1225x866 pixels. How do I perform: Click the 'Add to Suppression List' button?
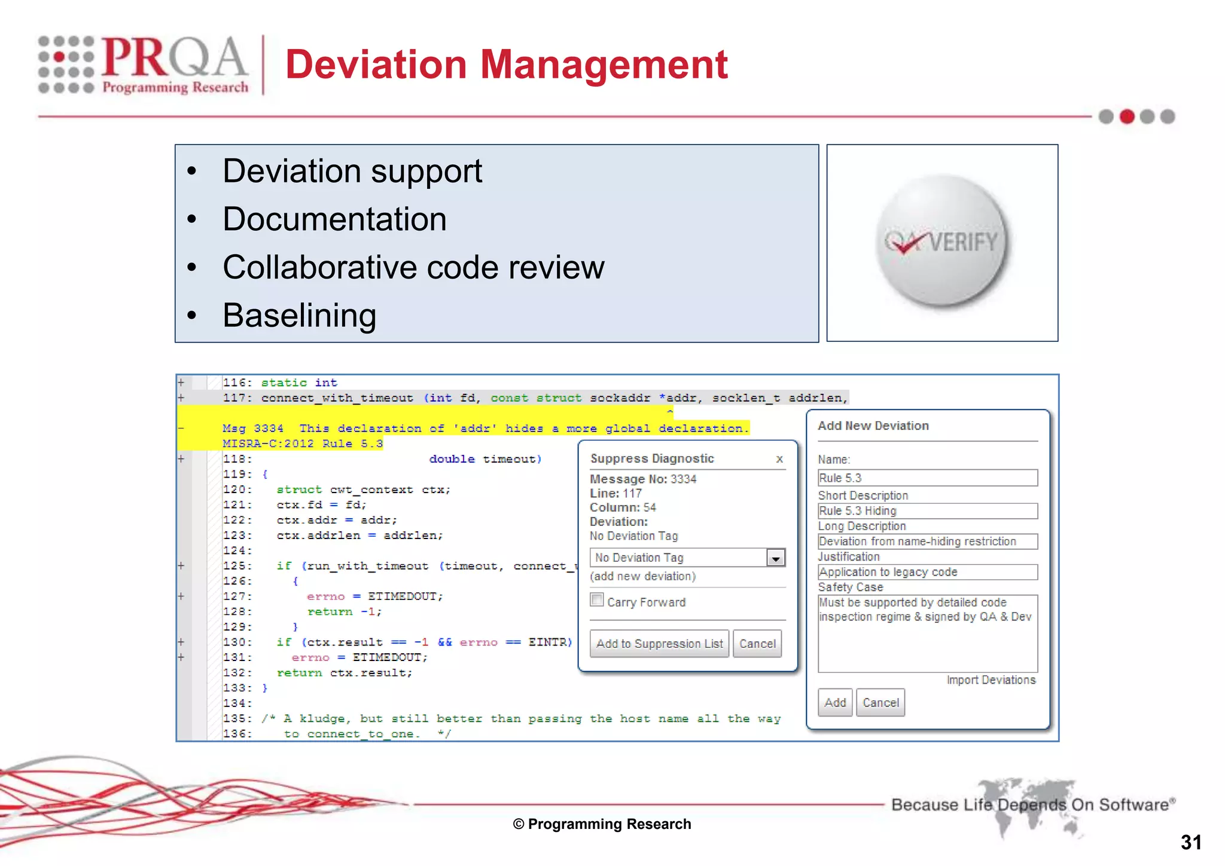[x=659, y=644]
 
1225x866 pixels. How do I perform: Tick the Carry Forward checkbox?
[x=597, y=600]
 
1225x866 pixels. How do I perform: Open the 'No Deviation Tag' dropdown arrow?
[x=776, y=558]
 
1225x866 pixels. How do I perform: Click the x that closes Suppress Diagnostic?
[x=779, y=459]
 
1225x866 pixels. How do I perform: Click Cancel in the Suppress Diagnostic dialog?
[x=757, y=644]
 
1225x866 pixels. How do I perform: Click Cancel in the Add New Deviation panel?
[x=880, y=703]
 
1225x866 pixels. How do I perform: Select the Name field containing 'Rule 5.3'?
[x=927, y=478]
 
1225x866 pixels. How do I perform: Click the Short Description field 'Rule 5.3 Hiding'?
[x=927, y=511]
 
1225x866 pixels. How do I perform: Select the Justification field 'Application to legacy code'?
[x=927, y=572]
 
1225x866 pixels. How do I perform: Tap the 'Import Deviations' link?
[x=991, y=680]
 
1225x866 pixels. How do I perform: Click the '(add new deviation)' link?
[x=643, y=576]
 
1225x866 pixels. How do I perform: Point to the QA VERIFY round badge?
[x=941, y=242]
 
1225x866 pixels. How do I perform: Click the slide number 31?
[x=1191, y=842]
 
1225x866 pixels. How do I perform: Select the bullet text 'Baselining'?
[x=299, y=315]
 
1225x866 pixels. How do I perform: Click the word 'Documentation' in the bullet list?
[x=334, y=219]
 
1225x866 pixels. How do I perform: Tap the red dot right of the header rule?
[x=1127, y=117]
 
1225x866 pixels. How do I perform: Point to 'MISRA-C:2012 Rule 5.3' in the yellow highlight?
[x=302, y=443]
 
